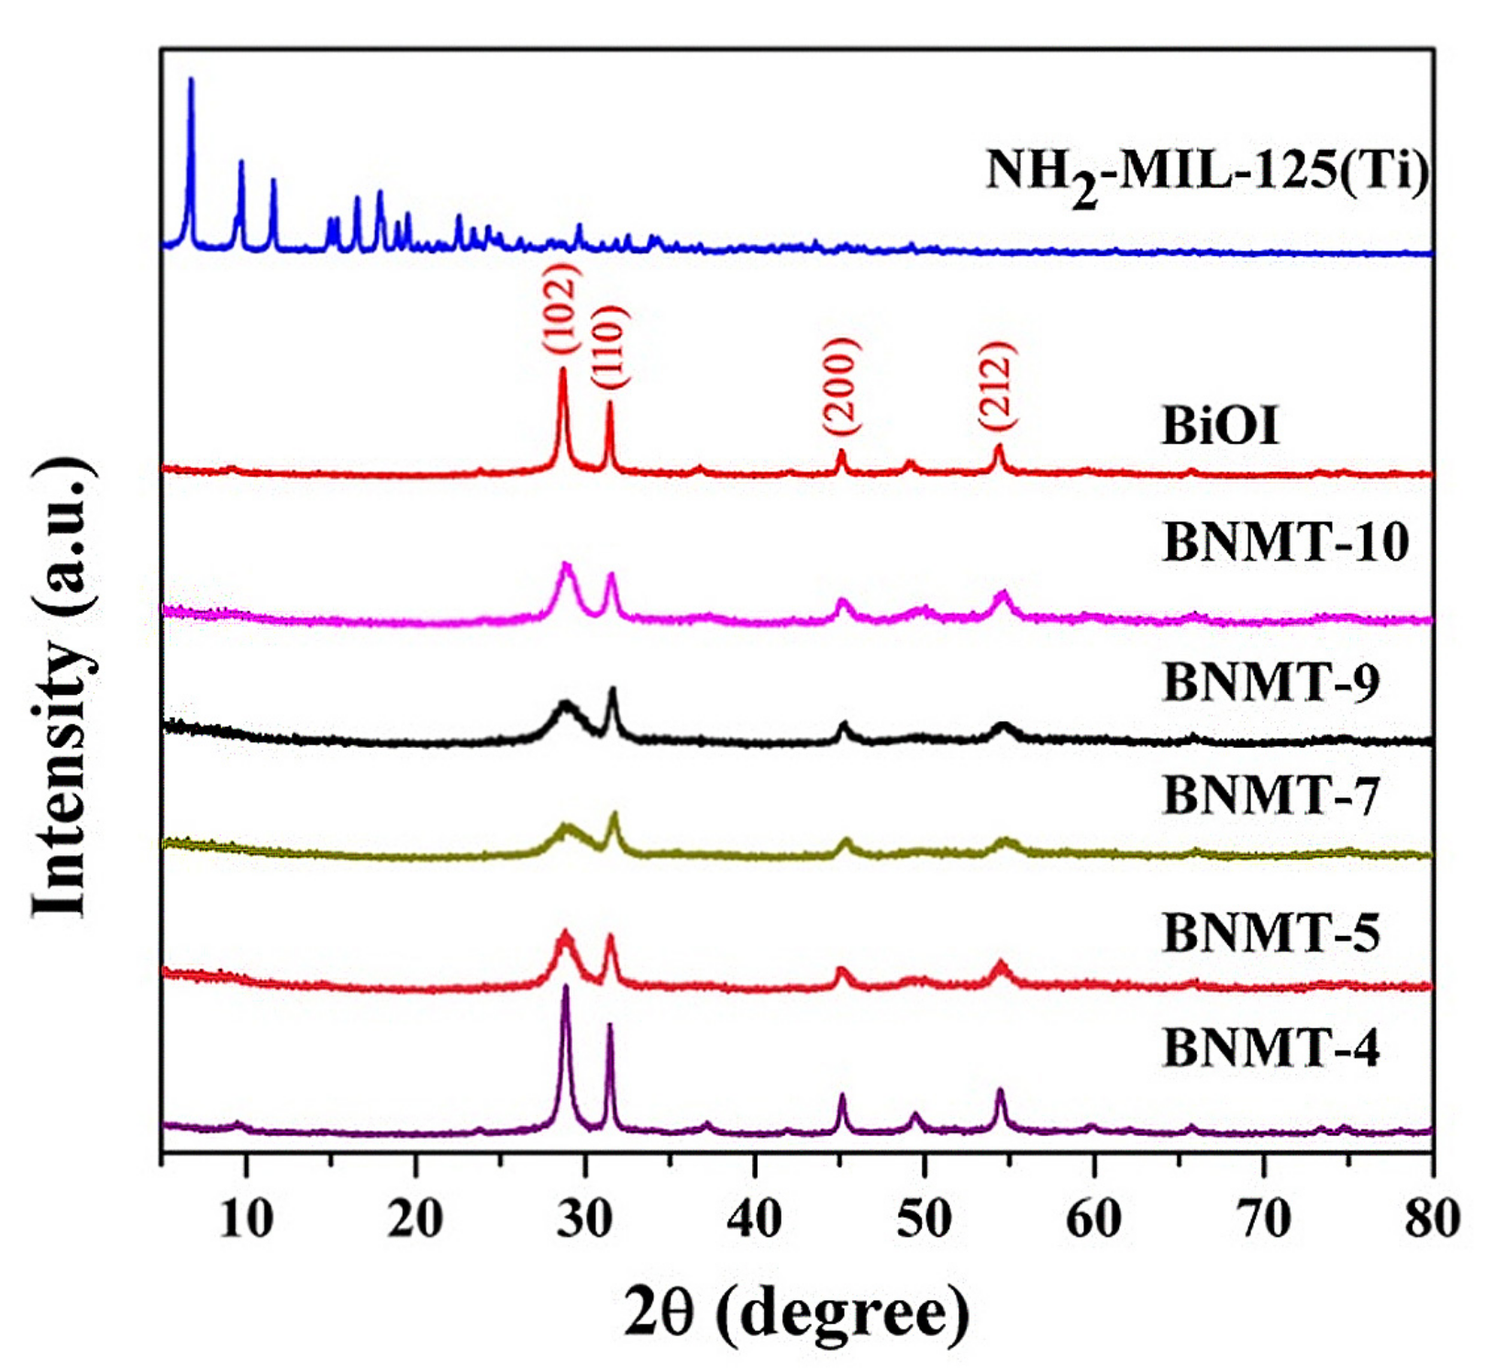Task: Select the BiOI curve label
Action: point(1220,427)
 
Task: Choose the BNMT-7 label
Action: point(1271,796)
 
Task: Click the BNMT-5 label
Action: point(1271,933)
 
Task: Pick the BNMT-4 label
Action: point(1271,1049)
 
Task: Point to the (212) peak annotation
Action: point(997,385)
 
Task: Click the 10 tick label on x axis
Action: point(246,1220)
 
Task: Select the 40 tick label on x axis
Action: point(755,1220)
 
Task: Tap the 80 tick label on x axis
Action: point(1432,1220)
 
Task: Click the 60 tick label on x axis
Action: point(1094,1220)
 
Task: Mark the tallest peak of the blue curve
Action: point(191,81)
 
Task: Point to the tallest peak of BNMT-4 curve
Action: point(565,987)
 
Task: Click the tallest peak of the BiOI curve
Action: point(563,370)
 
